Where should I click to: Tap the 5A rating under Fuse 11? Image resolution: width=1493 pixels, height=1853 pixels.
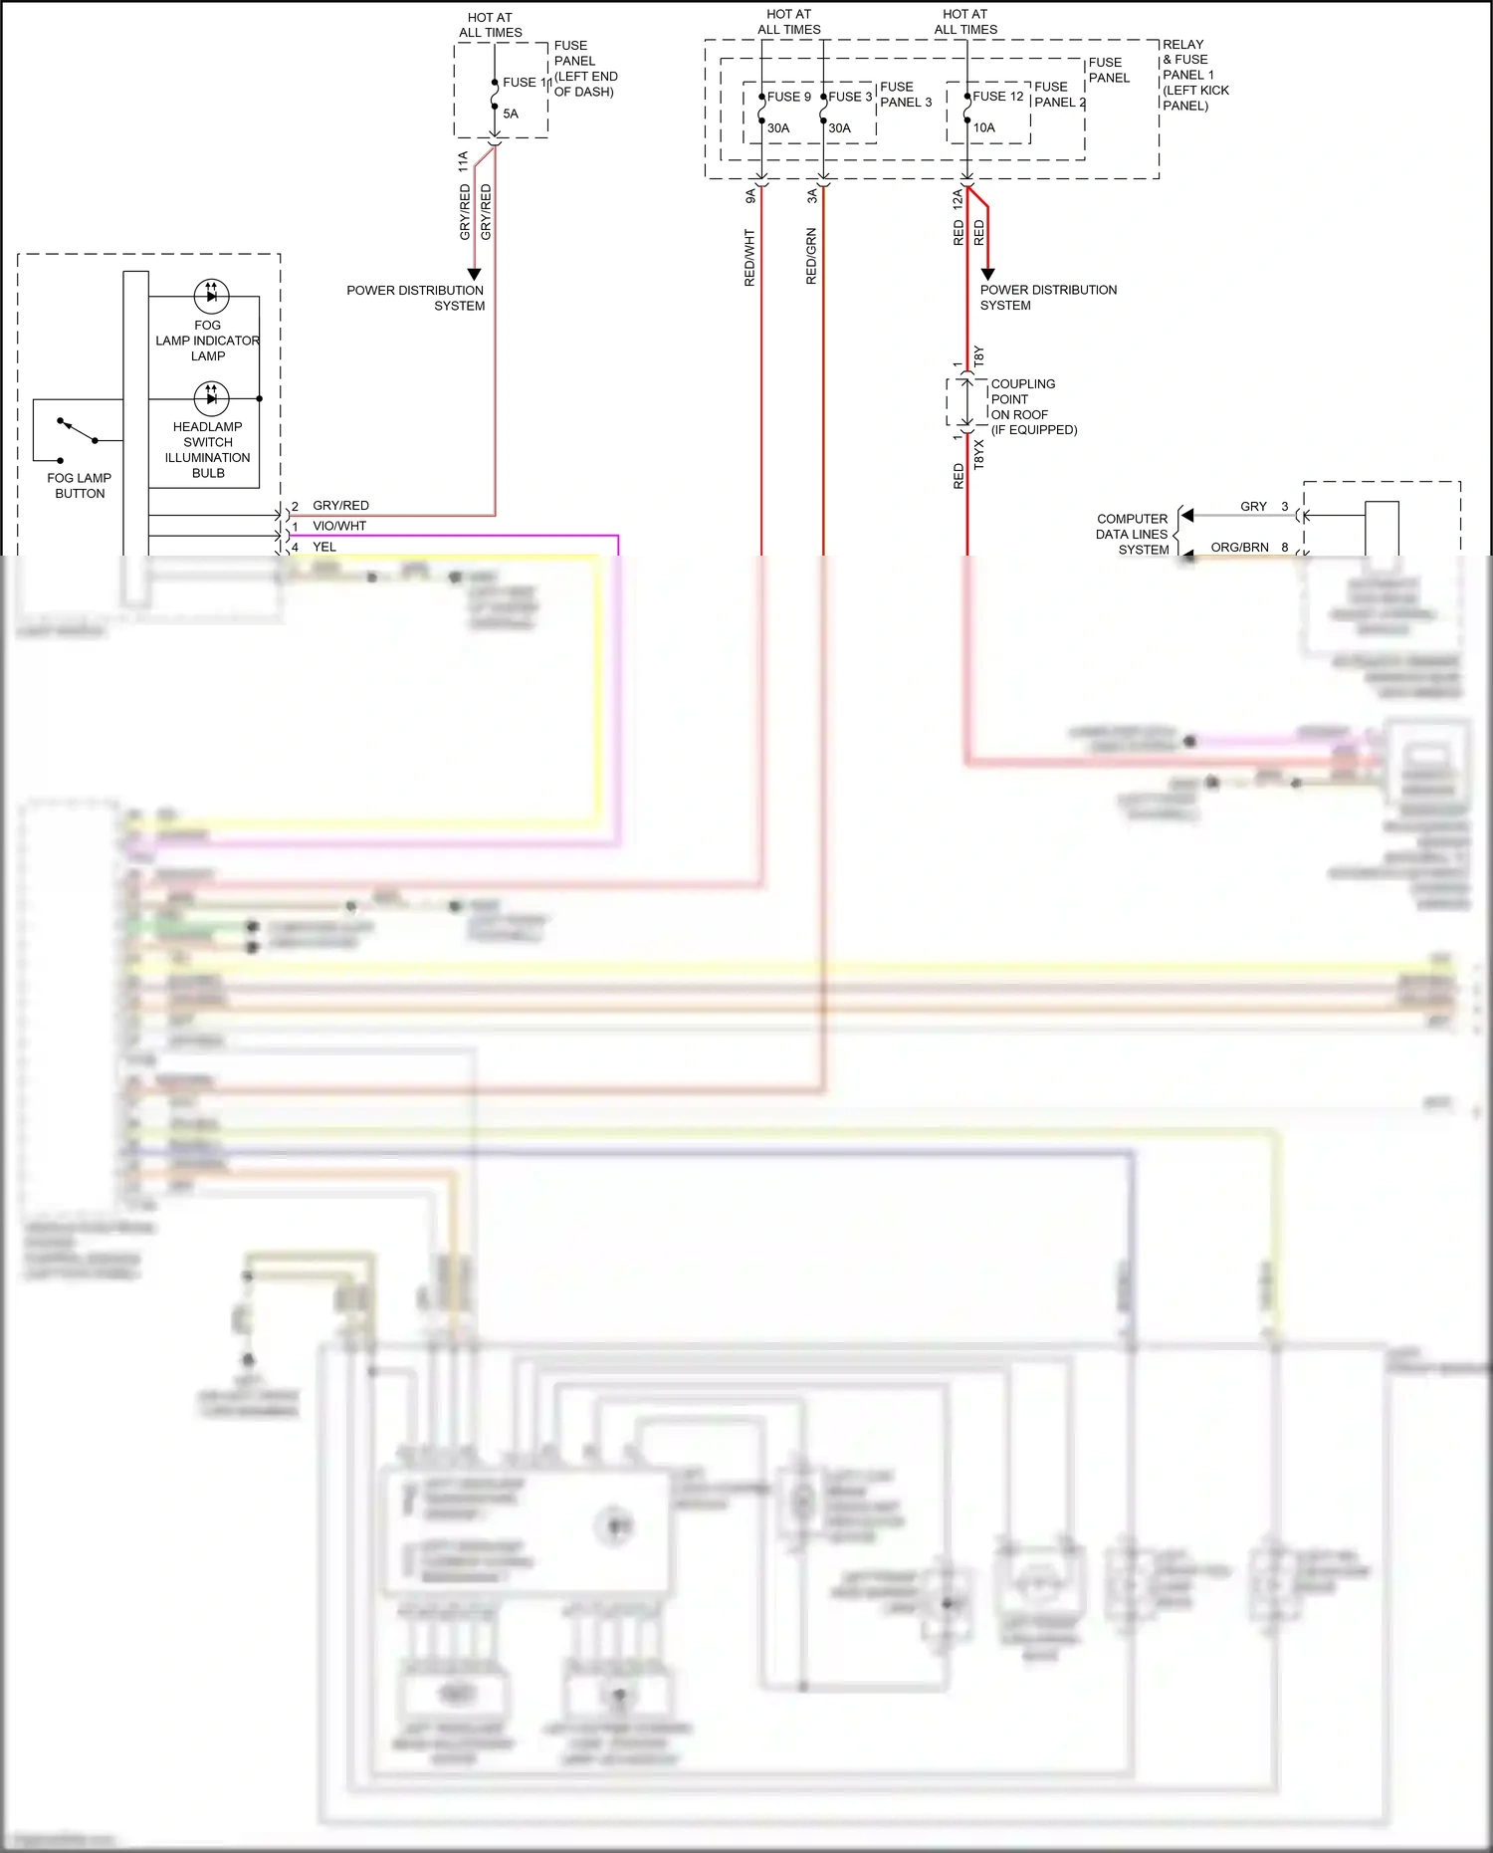point(511,114)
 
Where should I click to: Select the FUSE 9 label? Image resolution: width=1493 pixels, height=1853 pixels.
point(788,97)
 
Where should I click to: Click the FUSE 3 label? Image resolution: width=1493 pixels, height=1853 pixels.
point(849,97)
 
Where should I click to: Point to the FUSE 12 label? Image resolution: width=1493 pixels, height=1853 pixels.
point(997,97)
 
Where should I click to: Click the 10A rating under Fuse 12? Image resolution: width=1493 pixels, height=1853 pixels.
point(983,127)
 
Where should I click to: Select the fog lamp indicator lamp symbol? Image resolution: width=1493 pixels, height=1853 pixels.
point(211,295)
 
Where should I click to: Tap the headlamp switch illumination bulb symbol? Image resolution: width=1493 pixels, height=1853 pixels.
point(211,398)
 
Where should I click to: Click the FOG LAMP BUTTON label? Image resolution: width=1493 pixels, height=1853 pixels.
point(80,486)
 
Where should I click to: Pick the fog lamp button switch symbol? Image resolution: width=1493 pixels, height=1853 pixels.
point(78,431)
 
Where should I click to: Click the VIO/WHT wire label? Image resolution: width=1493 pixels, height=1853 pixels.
point(339,526)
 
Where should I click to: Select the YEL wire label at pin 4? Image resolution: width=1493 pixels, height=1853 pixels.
point(324,547)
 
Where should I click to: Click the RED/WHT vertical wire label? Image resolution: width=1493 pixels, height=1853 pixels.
point(749,258)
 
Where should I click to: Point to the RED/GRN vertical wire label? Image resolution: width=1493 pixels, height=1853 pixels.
point(811,256)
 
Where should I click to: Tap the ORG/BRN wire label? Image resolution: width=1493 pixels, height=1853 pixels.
point(1239,548)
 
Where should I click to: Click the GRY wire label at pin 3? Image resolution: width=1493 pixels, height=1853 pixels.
point(1253,507)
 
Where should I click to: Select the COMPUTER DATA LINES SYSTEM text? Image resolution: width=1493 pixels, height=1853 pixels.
point(1132,534)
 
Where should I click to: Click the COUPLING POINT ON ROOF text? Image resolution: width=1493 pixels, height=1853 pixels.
point(1023,399)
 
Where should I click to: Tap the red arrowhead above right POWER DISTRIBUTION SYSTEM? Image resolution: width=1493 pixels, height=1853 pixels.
point(987,274)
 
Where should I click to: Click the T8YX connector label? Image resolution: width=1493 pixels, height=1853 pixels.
point(978,454)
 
